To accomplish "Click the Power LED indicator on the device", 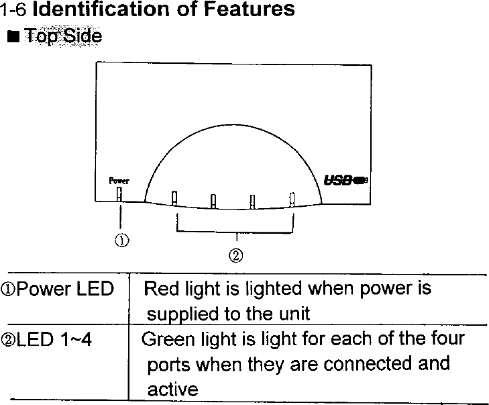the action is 119,193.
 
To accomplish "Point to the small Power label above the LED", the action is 119,181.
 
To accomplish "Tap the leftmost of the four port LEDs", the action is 174,199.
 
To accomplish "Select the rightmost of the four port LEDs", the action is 292,199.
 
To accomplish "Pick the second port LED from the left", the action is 213,201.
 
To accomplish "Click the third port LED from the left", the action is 252,201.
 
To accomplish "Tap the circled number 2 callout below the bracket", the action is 235,255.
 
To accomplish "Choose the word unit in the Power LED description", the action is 294,314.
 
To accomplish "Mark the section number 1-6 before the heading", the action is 14,9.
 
